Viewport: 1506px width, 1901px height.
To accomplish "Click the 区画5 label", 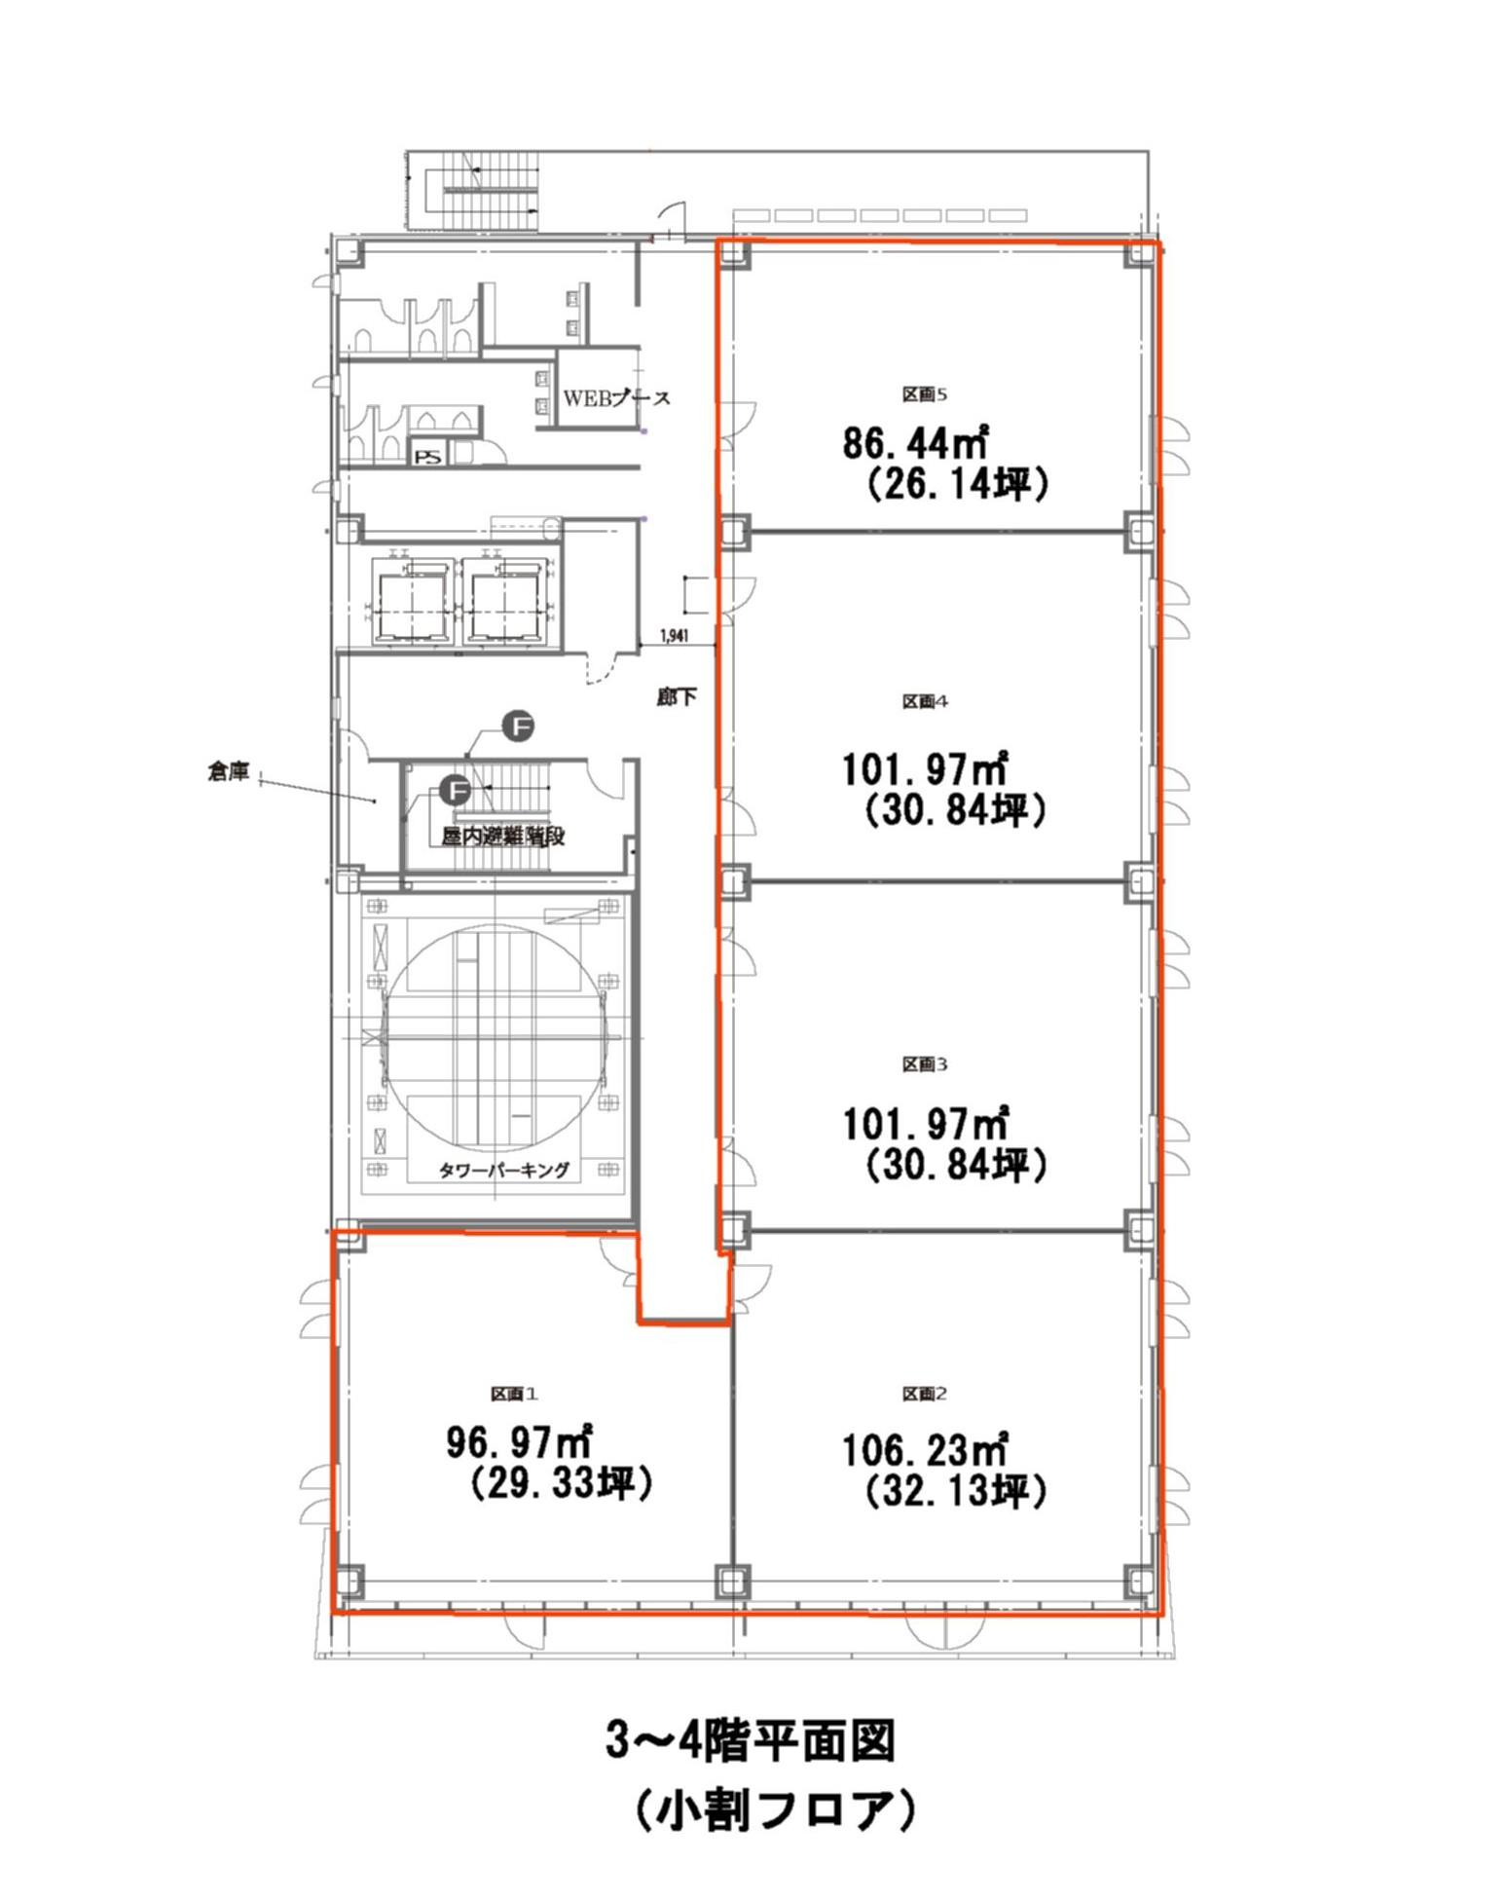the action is [924, 394].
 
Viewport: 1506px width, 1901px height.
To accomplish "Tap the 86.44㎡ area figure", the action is [915, 443].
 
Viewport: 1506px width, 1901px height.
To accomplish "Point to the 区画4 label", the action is [924, 701].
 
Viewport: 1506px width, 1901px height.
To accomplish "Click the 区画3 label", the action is [924, 1064].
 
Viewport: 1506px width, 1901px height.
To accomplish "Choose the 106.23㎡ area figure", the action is [924, 1450].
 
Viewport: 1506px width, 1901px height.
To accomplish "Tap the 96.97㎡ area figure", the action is [520, 1441].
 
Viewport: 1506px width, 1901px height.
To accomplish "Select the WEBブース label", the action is [616, 398].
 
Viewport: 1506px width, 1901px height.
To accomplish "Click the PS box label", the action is [426, 456].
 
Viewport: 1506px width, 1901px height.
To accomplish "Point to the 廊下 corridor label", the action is [677, 697].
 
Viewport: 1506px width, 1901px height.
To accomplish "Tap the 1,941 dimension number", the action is [674, 637].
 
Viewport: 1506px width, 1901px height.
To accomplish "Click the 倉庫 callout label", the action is [229, 772].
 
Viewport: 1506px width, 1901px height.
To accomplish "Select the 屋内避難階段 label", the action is [503, 837].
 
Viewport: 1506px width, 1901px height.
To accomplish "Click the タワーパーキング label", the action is [503, 1170].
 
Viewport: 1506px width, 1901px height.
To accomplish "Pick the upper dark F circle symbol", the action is [518, 726].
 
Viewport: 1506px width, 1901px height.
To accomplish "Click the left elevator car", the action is [416, 604].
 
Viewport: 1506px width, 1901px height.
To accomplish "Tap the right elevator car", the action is [507, 604].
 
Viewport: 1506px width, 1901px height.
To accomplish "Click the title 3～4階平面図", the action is [750, 1741].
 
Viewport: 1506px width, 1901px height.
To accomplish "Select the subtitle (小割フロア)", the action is [775, 1809].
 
